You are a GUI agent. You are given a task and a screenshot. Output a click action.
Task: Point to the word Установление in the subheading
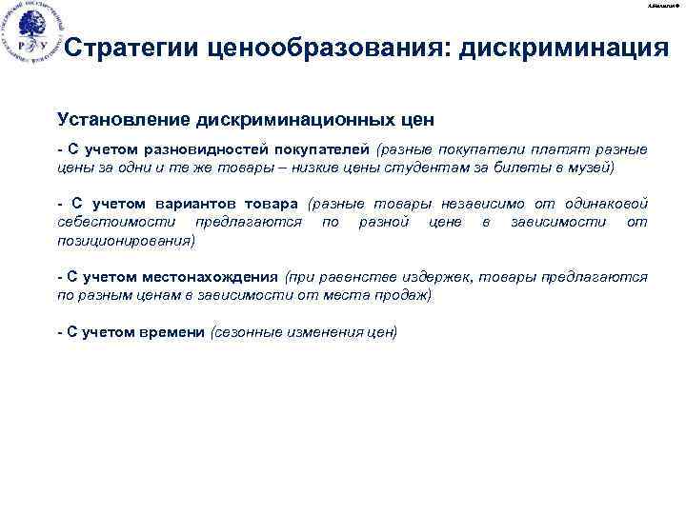click(x=123, y=121)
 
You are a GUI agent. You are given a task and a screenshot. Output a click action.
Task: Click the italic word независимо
click(x=492, y=204)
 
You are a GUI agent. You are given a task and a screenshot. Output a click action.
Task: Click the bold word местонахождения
click(x=212, y=277)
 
